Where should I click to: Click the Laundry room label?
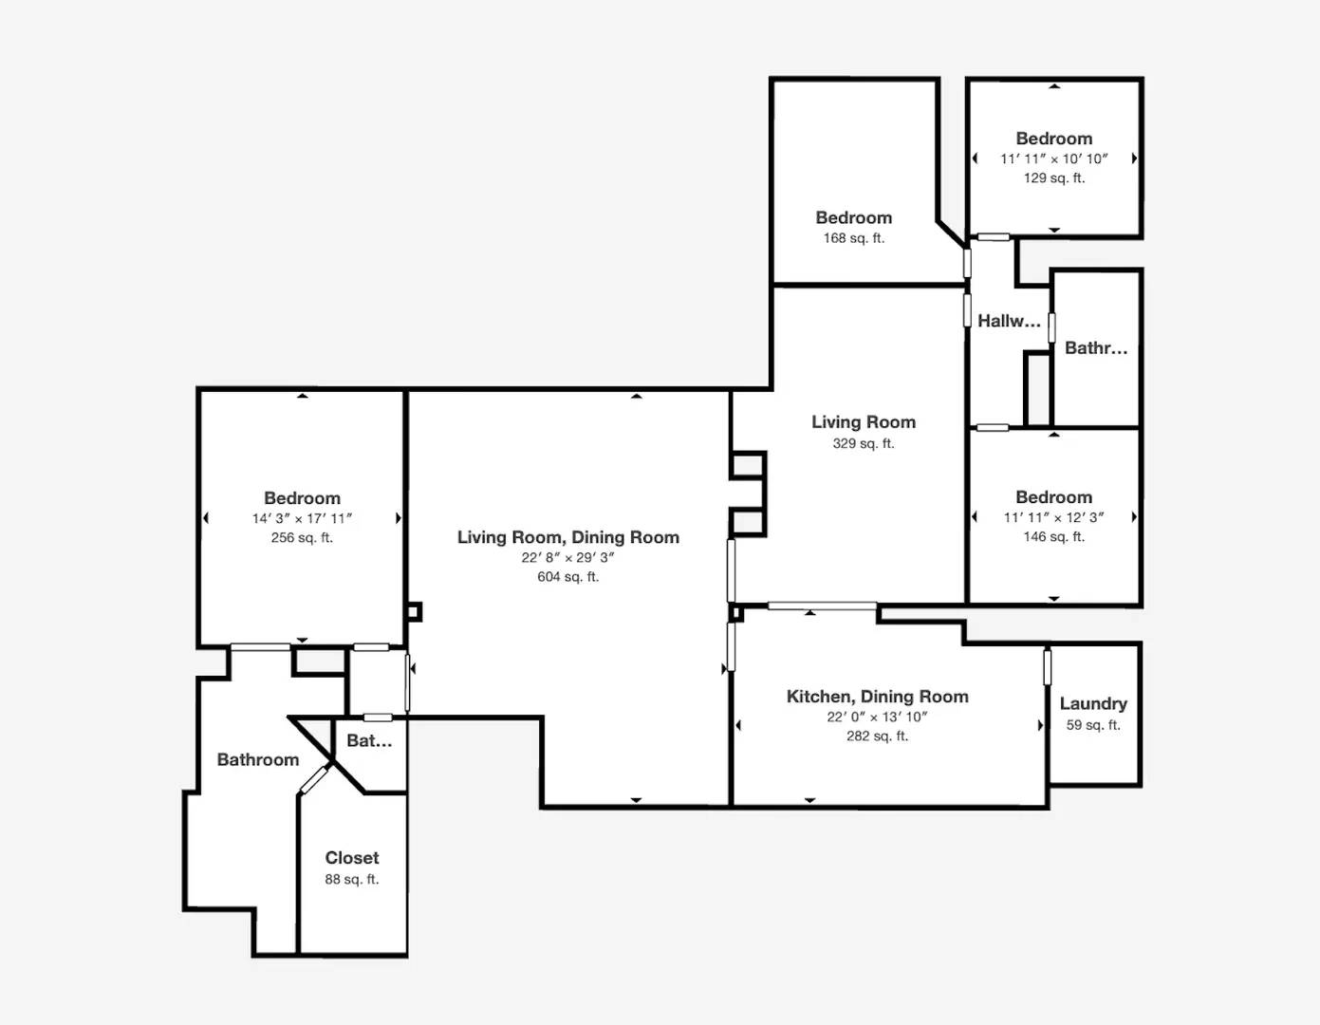pyautogui.click(x=1093, y=704)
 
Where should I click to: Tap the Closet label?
pyautogui.click(x=352, y=857)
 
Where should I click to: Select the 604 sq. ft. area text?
pyautogui.click(x=568, y=576)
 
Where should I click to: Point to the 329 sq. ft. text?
pyautogui.click(x=864, y=443)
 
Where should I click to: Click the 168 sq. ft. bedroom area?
pyautogui.click(x=853, y=238)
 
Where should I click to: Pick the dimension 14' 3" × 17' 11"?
pyautogui.click(x=302, y=518)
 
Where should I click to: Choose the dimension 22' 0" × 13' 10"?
pyautogui.click(x=877, y=717)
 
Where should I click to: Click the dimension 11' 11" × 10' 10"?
pyautogui.click(x=1054, y=159)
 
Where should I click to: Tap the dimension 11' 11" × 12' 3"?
pyautogui.click(x=1054, y=517)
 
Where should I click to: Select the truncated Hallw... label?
pyautogui.click(x=1009, y=321)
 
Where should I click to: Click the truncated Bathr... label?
pyautogui.click(x=1096, y=348)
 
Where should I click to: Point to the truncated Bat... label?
pyautogui.click(x=369, y=740)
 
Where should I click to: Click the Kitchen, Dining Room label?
pyautogui.click(x=877, y=697)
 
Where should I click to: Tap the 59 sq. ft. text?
pyautogui.click(x=1093, y=725)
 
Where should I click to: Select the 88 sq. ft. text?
pyautogui.click(x=352, y=879)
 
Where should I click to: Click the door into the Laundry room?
pyautogui.click(x=1048, y=666)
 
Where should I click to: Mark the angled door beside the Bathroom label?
pyautogui.click(x=313, y=779)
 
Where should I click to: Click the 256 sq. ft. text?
pyautogui.click(x=302, y=537)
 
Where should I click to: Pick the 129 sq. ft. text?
pyautogui.click(x=1054, y=177)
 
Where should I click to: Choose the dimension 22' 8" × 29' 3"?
pyautogui.click(x=568, y=557)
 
